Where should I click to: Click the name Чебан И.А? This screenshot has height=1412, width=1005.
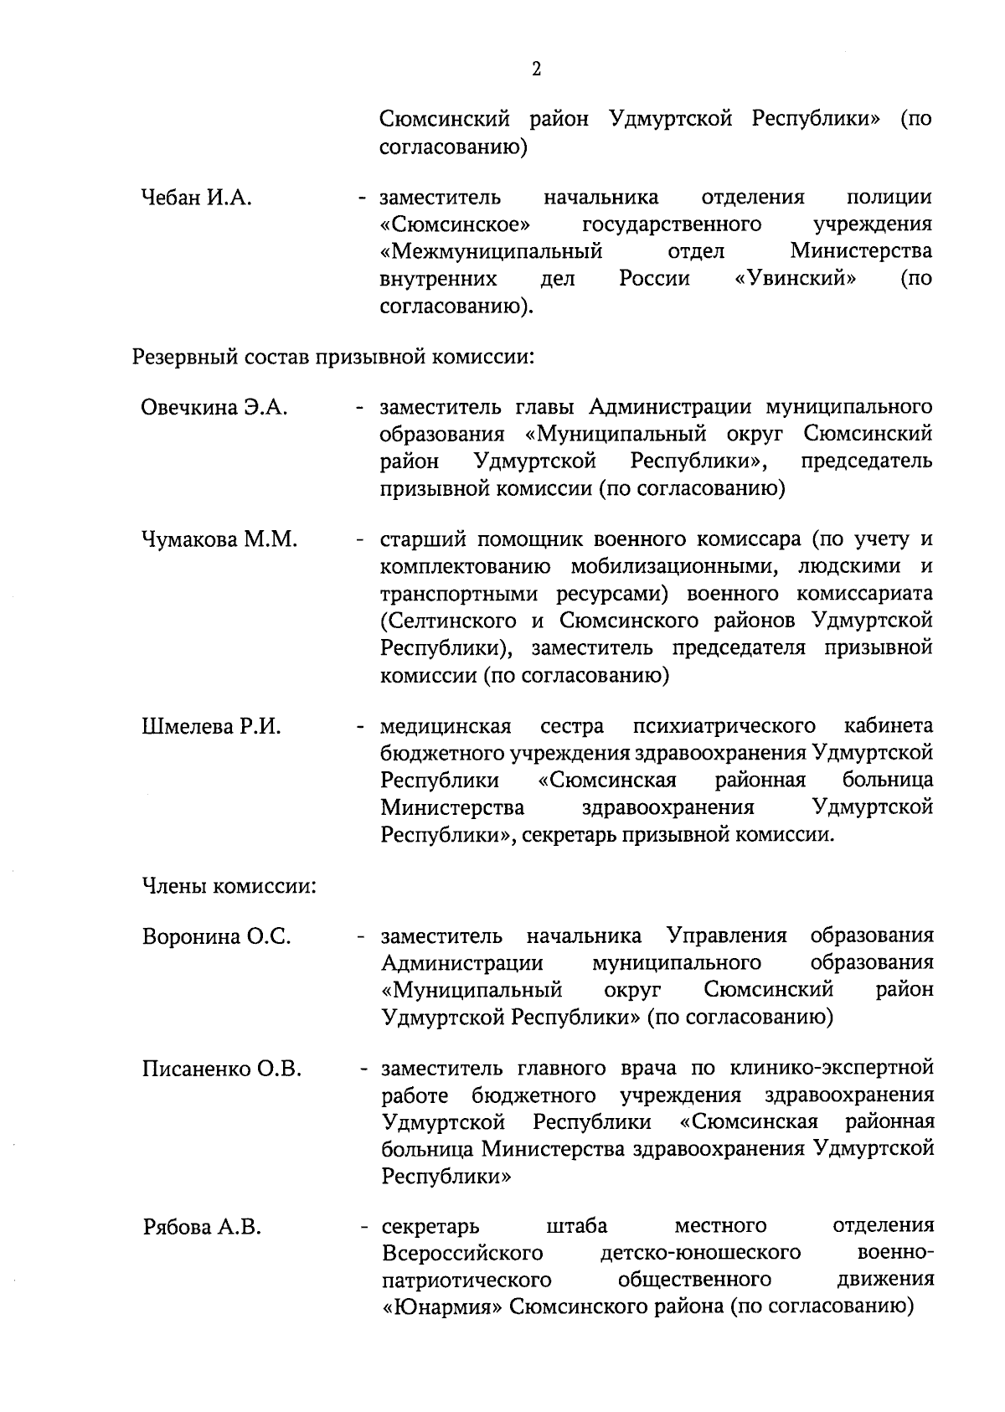click(197, 198)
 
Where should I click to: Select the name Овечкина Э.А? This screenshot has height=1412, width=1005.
click(214, 408)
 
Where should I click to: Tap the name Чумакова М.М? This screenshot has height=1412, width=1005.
click(220, 540)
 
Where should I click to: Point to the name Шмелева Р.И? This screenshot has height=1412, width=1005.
click(211, 727)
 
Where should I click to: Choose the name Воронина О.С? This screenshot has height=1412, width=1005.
click(217, 937)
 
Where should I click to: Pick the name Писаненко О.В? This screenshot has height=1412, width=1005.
click(222, 1069)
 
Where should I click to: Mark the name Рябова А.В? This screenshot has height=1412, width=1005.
click(202, 1229)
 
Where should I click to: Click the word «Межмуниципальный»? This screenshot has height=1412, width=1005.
click(492, 251)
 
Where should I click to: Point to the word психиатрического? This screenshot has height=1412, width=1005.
click(724, 725)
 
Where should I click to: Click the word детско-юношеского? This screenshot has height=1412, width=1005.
click(700, 1253)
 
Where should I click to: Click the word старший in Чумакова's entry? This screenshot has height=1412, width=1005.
click(420, 540)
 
